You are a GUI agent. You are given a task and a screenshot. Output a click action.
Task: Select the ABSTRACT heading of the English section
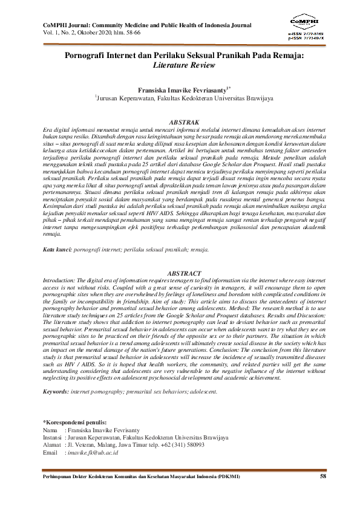click(x=180, y=274)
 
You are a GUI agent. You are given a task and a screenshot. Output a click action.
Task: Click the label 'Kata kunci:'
click(x=57, y=248)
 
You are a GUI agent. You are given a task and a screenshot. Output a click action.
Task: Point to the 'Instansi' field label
click(x=53, y=436)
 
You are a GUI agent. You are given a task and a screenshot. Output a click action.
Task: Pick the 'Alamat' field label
click(x=52, y=444)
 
